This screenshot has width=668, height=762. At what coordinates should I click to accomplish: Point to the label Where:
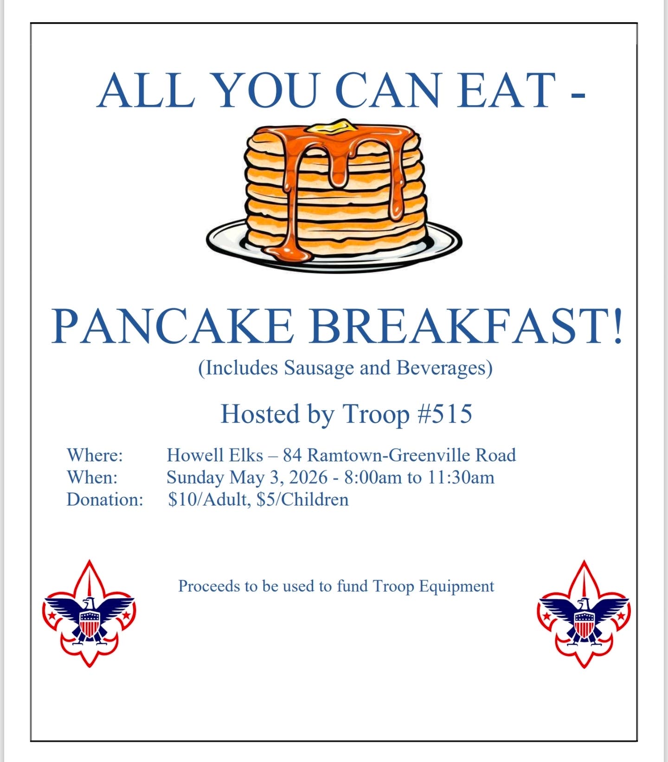[x=95, y=455]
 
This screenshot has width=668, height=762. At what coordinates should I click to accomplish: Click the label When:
[x=92, y=477]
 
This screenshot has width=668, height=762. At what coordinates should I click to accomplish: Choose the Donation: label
[x=105, y=499]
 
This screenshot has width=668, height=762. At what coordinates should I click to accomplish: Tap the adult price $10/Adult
[x=207, y=499]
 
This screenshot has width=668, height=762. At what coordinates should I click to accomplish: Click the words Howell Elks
[x=215, y=455]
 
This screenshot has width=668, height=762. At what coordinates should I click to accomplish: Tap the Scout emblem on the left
[x=89, y=614]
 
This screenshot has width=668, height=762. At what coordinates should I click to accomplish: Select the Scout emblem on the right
[x=584, y=614]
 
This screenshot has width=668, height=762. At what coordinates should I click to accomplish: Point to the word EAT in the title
[x=506, y=90]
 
